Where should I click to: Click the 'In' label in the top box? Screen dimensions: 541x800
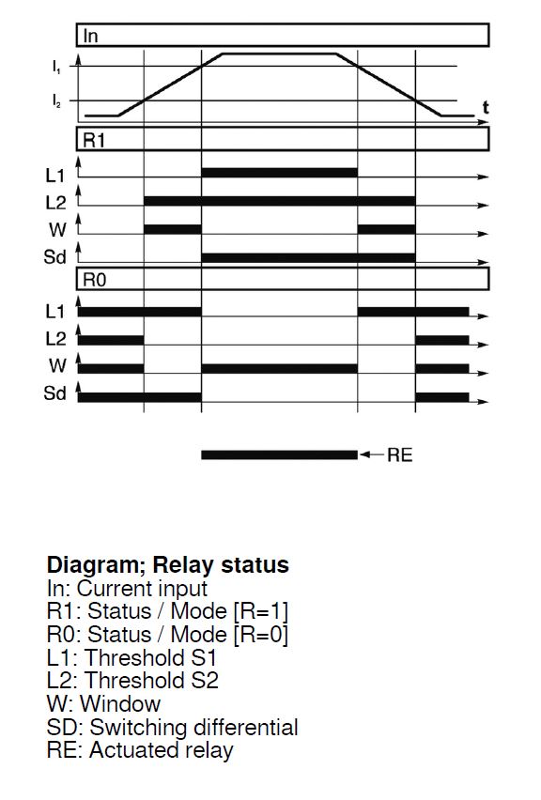90,37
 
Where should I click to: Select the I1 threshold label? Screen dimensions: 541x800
55,66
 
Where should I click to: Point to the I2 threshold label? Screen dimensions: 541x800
56,100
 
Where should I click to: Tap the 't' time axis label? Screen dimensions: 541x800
486,107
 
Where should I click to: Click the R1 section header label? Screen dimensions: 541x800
94,140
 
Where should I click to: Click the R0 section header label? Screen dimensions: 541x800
95,280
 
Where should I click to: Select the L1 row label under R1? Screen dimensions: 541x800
55,176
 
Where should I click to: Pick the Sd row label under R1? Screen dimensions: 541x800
55,256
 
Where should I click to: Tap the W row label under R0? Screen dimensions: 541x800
57,365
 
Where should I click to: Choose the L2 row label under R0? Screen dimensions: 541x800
55,338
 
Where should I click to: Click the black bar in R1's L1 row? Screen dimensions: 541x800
279,173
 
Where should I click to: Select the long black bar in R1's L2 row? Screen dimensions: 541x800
280,201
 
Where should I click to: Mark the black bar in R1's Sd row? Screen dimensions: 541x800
308,257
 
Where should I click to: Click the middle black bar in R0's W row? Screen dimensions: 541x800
279,368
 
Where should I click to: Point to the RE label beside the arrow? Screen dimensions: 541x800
399,455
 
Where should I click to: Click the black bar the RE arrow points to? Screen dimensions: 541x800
279,455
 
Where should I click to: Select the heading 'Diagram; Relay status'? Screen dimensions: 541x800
168,565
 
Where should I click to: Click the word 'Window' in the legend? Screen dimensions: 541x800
120,704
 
